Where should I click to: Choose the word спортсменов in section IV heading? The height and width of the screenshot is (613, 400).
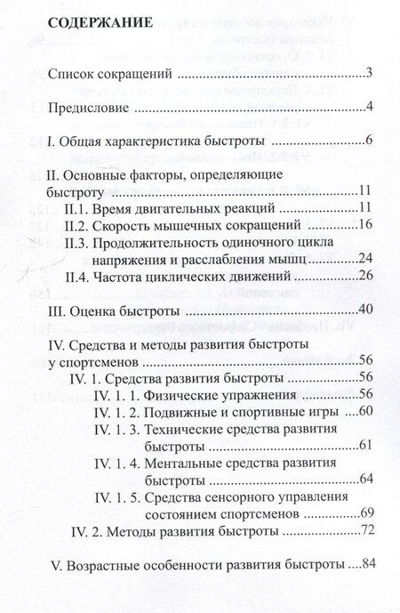pyautogui.click(x=95, y=362)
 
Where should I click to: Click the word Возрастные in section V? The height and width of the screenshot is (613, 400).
pyautogui.click(x=101, y=564)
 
